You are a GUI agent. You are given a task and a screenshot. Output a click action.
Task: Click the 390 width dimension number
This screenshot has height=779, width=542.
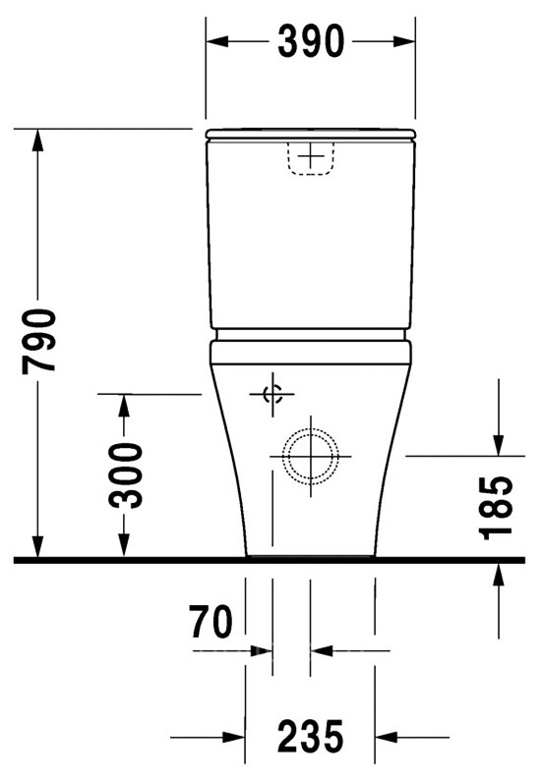[311, 41]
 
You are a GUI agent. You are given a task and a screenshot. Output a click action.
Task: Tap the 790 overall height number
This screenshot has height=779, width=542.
[38, 341]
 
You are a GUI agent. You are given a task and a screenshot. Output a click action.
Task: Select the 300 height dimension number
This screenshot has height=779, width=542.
[125, 475]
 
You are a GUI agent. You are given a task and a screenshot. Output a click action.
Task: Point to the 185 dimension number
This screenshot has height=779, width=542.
[495, 507]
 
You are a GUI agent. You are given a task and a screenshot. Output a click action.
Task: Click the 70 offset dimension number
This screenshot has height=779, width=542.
[211, 622]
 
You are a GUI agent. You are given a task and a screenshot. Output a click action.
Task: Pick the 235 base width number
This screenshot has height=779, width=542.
[311, 737]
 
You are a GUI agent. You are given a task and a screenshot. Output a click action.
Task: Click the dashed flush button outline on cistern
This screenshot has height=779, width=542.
[311, 158]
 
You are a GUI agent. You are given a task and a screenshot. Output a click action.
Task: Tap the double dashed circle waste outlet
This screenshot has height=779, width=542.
[311, 456]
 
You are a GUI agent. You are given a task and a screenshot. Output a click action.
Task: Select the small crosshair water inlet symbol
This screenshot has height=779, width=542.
[272, 395]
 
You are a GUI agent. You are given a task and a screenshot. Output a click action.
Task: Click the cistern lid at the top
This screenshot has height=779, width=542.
[311, 134]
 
